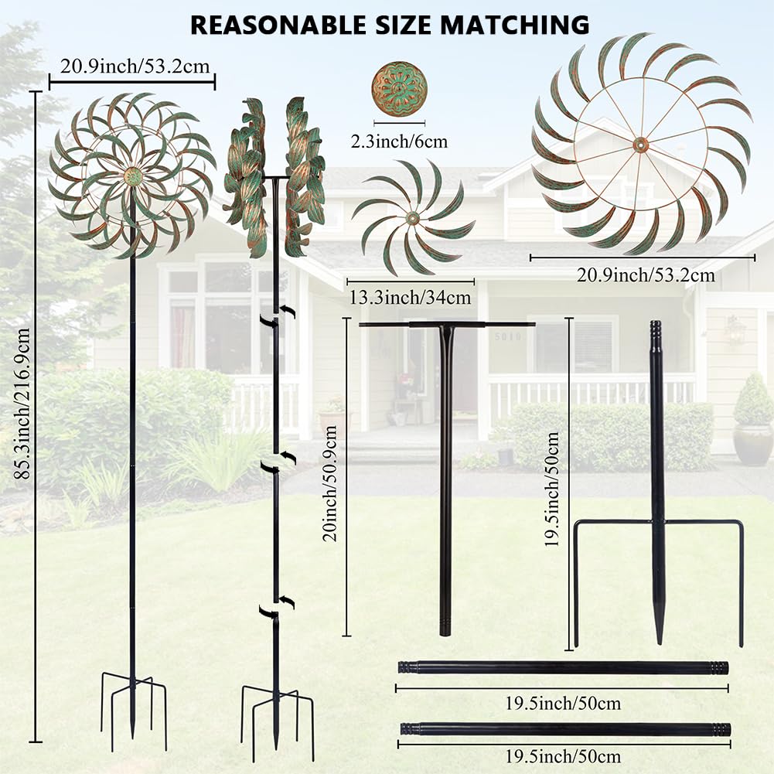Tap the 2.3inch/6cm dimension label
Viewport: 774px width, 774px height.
[x=399, y=142]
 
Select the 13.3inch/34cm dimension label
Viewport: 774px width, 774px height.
[x=411, y=298]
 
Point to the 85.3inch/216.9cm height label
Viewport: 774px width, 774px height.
[x=22, y=404]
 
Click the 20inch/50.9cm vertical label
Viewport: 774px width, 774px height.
[x=329, y=484]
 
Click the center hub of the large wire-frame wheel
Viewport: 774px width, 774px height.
[x=641, y=145]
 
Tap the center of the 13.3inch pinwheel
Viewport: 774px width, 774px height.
[x=413, y=218]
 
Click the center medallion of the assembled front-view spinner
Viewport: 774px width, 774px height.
[x=133, y=176]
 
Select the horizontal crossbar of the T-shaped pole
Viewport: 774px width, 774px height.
[x=447, y=324]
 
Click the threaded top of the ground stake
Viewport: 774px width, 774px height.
[x=655, y=329]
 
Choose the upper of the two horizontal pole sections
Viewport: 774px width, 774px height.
[x=563, y=668]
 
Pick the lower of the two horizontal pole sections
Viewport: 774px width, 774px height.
[x=565, y=728]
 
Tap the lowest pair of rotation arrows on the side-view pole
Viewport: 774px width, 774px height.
[x=278, y=607]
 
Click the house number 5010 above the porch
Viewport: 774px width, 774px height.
[x=508, y=336]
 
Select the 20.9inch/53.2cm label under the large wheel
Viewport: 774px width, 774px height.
[x=646, y=275]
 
